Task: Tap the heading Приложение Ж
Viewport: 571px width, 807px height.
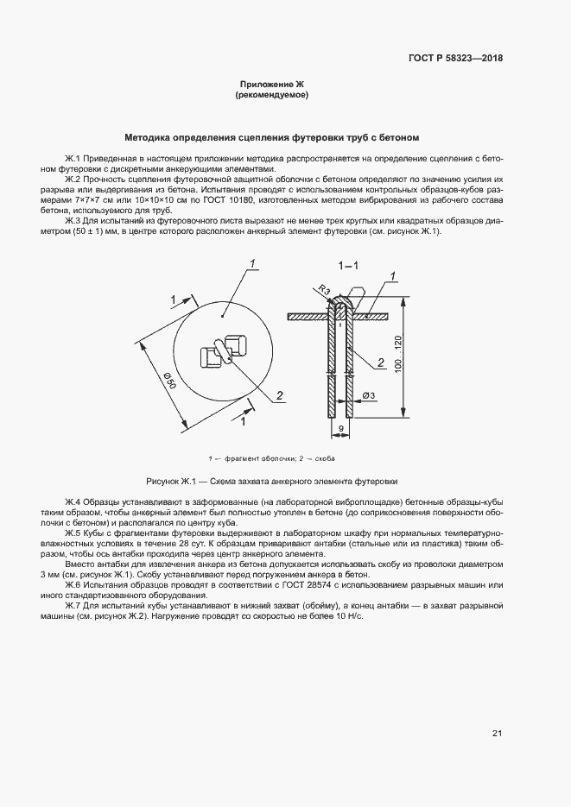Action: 272,84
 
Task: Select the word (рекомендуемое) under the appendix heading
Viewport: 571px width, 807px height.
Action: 272,95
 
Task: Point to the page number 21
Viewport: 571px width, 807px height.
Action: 497,734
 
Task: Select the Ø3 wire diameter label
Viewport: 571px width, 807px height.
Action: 367,395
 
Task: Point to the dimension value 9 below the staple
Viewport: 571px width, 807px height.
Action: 341,427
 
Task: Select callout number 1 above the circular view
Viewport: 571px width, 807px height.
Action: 252,263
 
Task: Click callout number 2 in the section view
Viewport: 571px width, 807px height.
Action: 380,363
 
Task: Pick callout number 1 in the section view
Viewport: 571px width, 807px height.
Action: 393,275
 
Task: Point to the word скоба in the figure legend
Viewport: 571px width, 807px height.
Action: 326,457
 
